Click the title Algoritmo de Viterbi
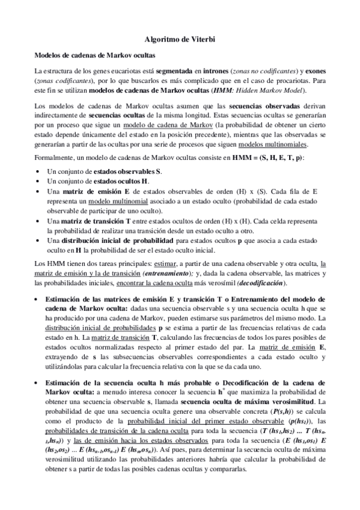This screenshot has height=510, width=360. [x=180, y=39]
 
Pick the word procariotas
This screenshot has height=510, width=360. [x=294, y=81]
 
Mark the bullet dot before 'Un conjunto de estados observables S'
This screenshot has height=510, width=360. [x=38, y=172]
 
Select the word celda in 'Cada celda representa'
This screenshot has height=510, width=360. [x=284, y=221]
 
